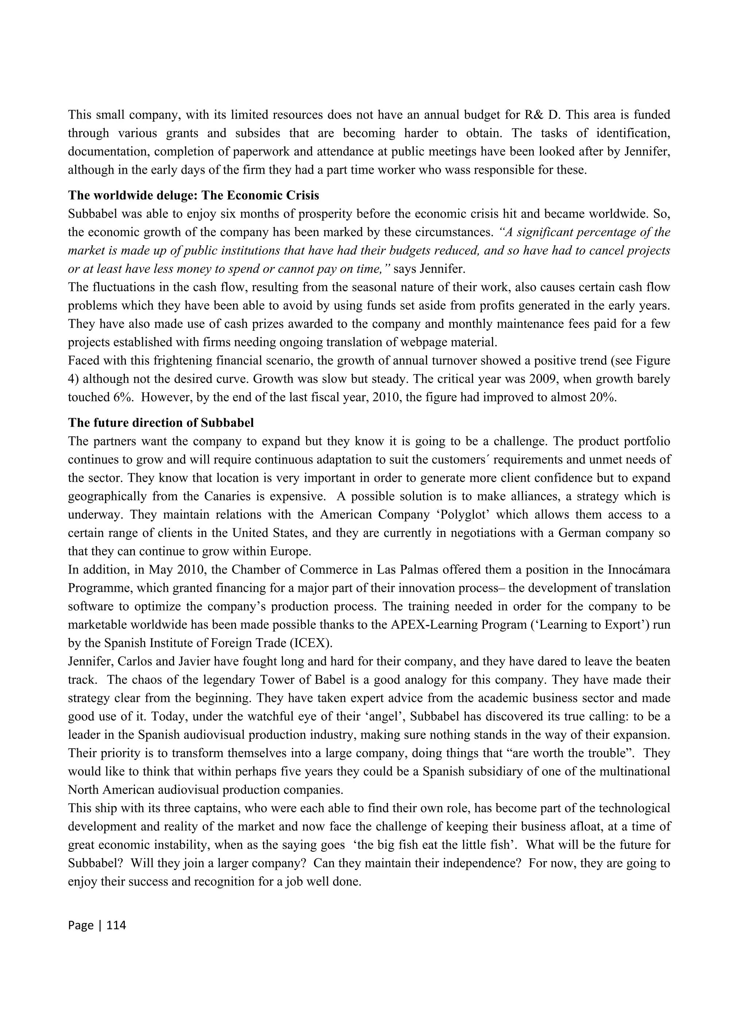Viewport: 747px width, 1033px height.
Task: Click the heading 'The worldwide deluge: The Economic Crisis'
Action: (x=193, y=195)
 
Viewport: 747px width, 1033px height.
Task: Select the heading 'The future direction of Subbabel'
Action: (x=161, y=423)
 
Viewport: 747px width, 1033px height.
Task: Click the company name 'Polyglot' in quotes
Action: (x=463, y=515)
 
